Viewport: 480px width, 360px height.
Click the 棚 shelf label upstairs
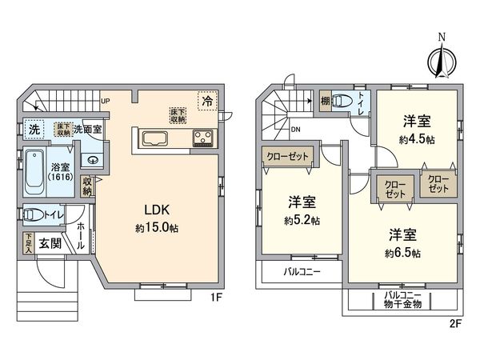point(324,102)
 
